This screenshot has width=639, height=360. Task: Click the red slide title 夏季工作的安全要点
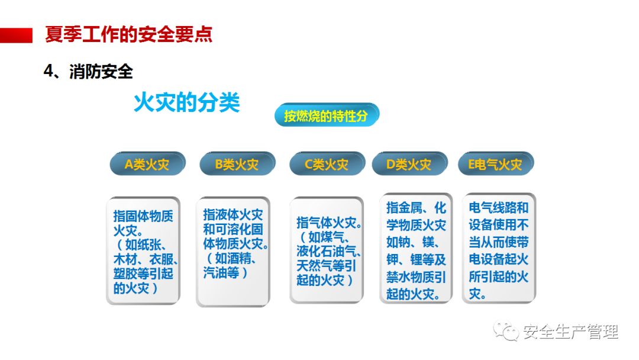point(129,34)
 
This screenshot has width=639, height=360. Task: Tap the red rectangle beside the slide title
point(17,35)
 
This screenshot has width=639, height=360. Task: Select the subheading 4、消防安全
point(88,72)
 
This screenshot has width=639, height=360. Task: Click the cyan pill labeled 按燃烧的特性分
point(327,115)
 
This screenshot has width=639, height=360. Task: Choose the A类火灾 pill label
point(147,164)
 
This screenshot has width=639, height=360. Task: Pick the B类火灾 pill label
point(237,164)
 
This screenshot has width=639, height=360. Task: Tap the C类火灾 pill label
point(327,164)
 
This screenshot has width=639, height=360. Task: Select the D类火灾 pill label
point(409,164)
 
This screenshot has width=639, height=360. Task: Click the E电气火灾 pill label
point(495,164)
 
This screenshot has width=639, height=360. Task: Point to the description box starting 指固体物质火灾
point(143,250)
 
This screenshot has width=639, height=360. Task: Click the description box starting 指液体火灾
point(233,251)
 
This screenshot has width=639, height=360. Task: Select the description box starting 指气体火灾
point(327,250)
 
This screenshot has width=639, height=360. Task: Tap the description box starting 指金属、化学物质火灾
point(416,249)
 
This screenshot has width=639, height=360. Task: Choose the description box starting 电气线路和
point(499,249)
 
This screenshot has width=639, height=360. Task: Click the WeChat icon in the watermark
point(505,331)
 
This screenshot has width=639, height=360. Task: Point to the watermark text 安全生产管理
point(570,332)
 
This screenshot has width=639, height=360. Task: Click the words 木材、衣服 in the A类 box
point(144,259)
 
